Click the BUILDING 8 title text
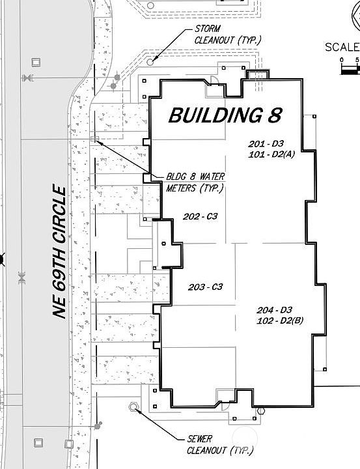(x=225, y=115)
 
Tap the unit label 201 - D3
(x=266, y=143)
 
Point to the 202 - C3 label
(x=201, y=217)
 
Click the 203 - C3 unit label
(x=206, y=287)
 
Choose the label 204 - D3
(x=275, y=309)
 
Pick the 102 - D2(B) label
(x=281, y=320)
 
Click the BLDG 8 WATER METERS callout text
(x=194, y=182)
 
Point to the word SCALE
(x=342, y=47)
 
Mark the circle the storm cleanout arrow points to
(x=151, y=61)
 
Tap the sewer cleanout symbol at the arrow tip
(x=134, y=407)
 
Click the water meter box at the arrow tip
(x=95, y=139)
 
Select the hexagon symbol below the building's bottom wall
(x=260, y=411)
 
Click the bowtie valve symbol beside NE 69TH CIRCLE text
(x=21, y=278)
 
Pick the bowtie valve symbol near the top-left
(x=26, y=78)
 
